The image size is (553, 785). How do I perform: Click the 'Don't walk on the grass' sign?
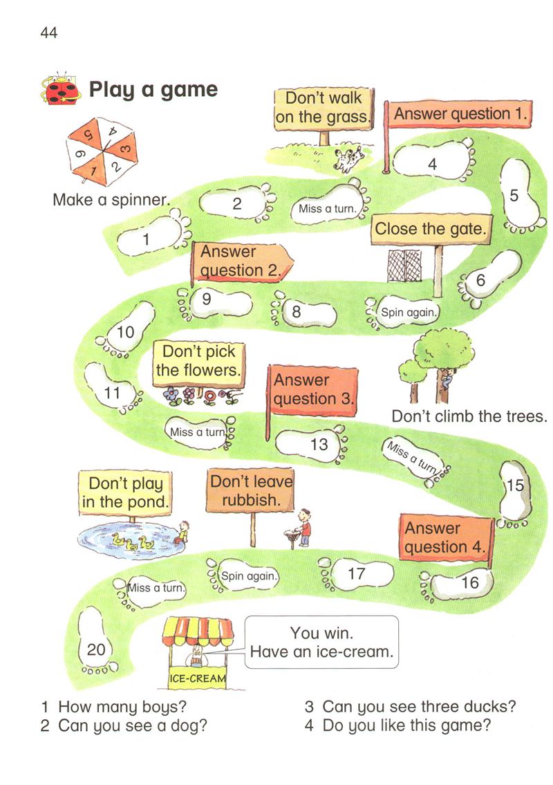click(322, 108)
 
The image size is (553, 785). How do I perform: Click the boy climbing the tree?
click(448, 378)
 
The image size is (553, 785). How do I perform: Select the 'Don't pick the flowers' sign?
click(198, 361)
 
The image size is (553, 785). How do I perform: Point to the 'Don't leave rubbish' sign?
click(250, 490)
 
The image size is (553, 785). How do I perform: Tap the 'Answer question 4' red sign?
click(446, 538)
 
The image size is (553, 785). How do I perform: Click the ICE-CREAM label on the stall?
click(198, 678)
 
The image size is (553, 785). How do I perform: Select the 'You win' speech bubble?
click(321, 642)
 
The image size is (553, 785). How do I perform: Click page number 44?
click(48, 32)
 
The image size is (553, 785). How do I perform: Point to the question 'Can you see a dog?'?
click(124, 726)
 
